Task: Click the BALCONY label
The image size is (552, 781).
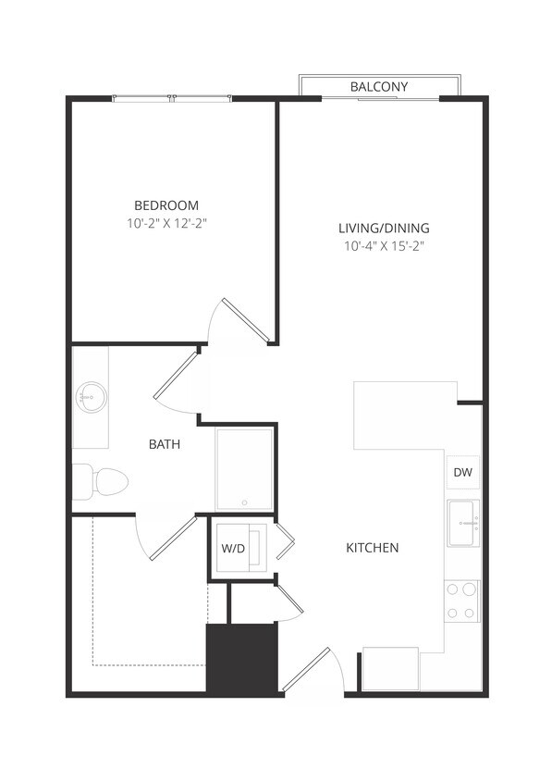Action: click(378, 87)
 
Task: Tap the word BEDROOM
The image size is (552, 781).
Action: click(166, 205)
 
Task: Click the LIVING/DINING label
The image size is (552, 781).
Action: click(383, 229)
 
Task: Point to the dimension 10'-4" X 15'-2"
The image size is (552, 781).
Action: click(383, 246)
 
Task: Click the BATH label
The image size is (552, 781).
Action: click(165, 444)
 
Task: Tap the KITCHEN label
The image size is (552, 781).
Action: click(372, 548)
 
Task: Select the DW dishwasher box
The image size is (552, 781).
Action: click(463, 473)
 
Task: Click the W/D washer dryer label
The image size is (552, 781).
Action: click(233, 549)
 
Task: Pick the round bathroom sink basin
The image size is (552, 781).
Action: click(91, 398)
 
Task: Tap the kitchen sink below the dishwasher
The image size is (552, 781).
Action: click(463, 525)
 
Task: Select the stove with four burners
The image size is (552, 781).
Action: click(462, 601)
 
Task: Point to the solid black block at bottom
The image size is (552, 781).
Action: click(241, 658)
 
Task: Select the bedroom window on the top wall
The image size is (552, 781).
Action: click(171, 98)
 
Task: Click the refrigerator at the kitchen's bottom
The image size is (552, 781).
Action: click(390, 668)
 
